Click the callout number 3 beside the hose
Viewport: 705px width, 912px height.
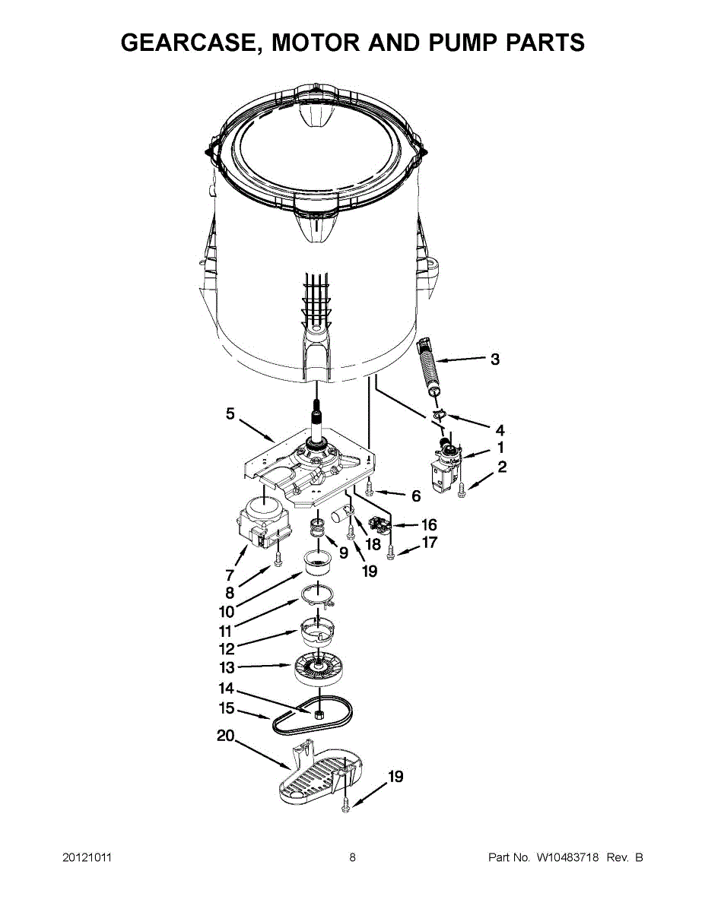[495, 359]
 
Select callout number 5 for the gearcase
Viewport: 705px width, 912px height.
[230, 413]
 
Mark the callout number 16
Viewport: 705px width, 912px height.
[430, 524]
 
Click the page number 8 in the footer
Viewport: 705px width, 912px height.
[352, 857]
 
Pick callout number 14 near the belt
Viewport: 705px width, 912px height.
[226, 689]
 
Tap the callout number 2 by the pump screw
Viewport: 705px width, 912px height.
[502, 467]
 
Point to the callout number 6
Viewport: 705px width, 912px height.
[415, 496]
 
